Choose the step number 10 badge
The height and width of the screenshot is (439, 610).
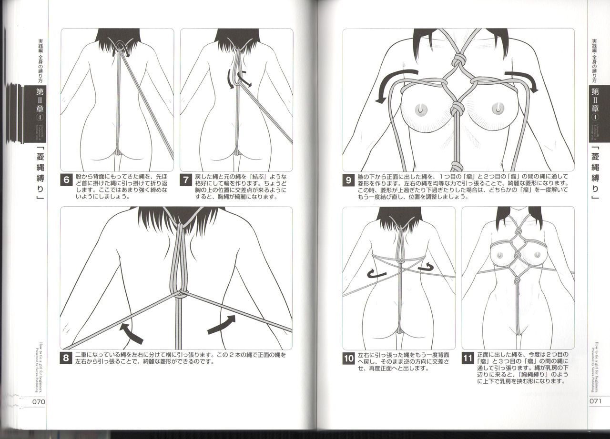[349, 359]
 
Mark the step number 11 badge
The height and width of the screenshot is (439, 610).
[468, 359]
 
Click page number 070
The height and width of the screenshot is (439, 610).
[38, 401]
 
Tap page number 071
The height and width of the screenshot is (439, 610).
[597, 401]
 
